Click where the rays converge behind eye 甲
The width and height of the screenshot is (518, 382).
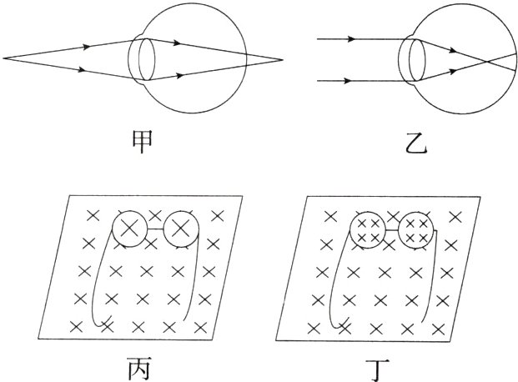coord(282,59)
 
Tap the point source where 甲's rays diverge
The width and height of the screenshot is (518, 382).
coord(5,58)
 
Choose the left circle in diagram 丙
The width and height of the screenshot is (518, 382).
coord(128,228)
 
